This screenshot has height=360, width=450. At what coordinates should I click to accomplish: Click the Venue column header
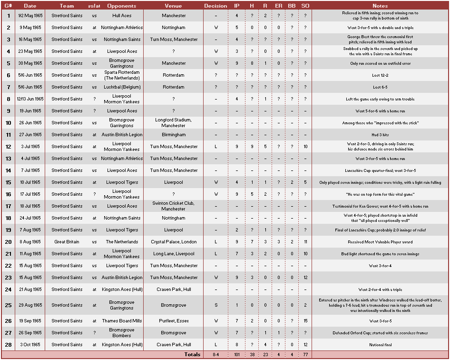tap(173, 6)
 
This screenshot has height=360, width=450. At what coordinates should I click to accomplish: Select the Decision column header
tap(215, 6)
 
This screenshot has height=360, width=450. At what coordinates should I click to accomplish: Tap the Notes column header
tap(380, 6)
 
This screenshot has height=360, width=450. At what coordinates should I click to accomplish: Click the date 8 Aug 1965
tap(30, 242)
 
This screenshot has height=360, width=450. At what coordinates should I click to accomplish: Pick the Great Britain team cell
tap(67, 242)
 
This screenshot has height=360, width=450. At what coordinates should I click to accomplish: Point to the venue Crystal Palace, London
tap(173, 242)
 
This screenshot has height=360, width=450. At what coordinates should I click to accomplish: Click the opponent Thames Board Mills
tap(122, 321)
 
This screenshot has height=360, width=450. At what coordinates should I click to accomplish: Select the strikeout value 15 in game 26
tap(305, 321)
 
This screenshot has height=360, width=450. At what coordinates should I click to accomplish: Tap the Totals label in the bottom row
tap(193, 354)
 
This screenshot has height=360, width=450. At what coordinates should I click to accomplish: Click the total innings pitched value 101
tap(237, 354)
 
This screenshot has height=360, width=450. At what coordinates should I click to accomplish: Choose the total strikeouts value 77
tap(305, 354)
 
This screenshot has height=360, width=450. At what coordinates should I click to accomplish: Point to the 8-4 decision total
tap(215, 354)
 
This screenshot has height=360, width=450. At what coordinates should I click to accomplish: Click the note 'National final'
tap(380, 345)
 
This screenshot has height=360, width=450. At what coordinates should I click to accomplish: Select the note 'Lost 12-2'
tap(380, 75)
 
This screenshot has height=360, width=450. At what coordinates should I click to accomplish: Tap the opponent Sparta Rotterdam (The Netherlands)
tap(122, 75)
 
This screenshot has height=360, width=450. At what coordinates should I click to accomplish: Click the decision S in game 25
tap(215, 305)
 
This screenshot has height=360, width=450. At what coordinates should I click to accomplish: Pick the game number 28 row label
tap(8, 345)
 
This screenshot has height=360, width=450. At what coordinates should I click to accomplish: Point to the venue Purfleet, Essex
tap(173, 321)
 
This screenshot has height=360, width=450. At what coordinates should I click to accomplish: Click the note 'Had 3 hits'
tap(380, 135)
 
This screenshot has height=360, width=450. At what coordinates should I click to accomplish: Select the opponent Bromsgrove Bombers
tap(122, 333)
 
